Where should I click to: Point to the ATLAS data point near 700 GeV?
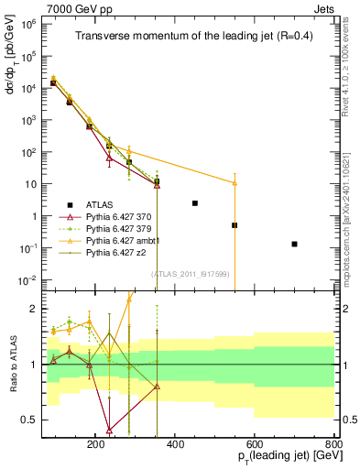coord(294,244)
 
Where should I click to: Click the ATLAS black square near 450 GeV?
coord(194,202)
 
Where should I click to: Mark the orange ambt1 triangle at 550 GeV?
coord(235,183)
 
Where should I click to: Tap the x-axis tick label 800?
coord(333,442)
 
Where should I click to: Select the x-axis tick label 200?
coord(96,442)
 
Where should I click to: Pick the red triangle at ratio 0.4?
coord(110,430)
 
